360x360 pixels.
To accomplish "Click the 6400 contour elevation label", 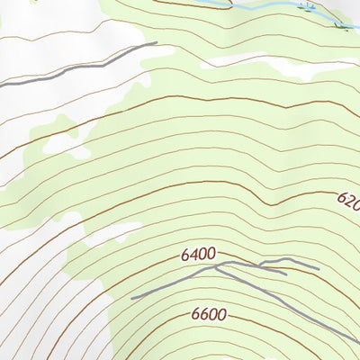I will (x=198, y=255).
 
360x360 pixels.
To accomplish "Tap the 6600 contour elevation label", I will (x=209, y=315).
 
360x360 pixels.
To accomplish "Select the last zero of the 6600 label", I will (x=221, y=315).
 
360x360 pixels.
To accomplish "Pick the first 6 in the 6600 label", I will (x=195, y=315).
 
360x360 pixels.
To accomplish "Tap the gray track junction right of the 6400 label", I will (x=229, y=264).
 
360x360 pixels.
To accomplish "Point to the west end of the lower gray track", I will (x=132, y=298).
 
